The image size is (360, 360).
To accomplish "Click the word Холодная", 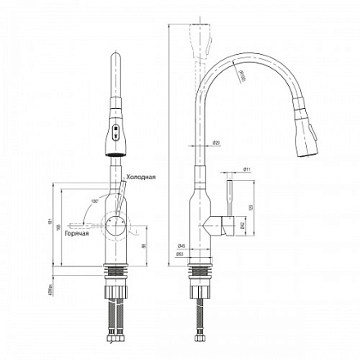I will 140,176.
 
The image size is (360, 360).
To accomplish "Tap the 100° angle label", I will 95,201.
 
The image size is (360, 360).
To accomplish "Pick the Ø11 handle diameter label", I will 246,171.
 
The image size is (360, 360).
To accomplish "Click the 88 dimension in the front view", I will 144,245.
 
